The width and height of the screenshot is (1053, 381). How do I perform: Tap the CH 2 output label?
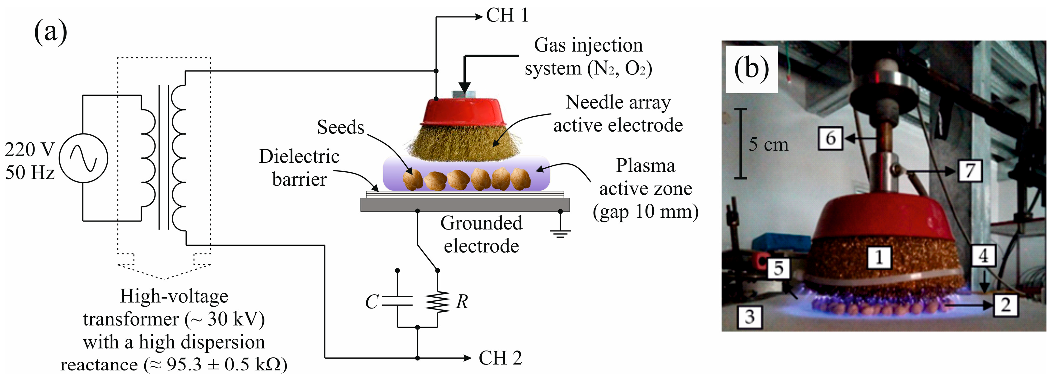point(500,358)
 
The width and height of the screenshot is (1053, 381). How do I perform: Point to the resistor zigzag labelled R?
point(437,302)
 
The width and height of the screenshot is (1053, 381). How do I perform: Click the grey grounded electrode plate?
point(465,204)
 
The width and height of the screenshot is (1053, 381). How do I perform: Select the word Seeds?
point(341,127)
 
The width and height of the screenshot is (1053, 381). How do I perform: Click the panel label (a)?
point(50,31)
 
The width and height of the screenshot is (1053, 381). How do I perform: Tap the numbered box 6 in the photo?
point(831,138)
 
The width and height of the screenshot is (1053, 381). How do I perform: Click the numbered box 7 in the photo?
point(970,170)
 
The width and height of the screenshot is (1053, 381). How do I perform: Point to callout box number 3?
point(750,317)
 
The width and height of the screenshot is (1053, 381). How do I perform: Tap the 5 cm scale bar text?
point(768,144)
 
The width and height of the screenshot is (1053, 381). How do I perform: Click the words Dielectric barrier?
point(299,168)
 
